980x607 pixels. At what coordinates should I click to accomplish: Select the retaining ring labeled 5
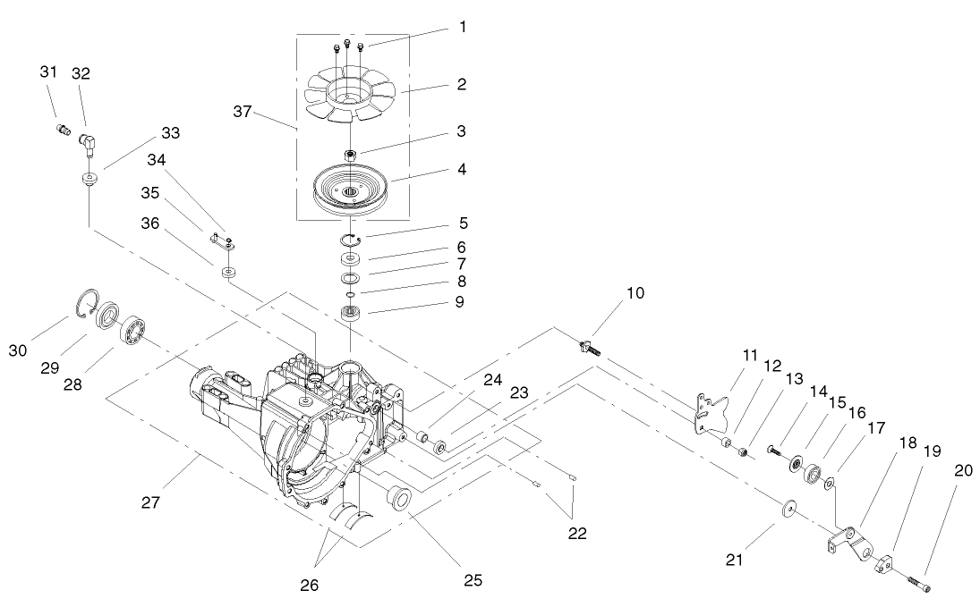tap(351, 240)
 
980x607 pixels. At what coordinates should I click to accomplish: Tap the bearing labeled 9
tap(351, 314)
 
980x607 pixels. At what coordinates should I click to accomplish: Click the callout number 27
tap(149, 503)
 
